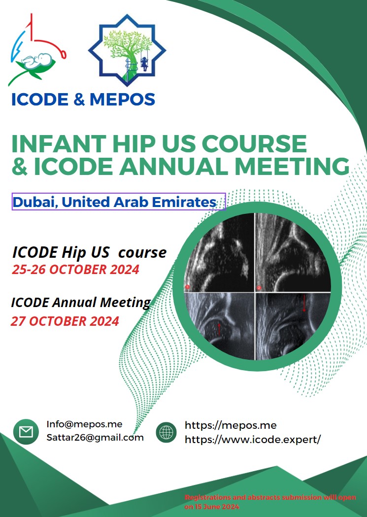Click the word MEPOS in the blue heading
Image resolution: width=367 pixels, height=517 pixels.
point(122,100)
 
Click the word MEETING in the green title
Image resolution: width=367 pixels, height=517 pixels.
point(292,166)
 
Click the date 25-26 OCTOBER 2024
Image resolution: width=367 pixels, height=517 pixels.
point(75,270)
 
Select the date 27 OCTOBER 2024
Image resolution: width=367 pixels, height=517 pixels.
point(65,321)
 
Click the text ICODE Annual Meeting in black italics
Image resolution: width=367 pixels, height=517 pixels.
point(81,303)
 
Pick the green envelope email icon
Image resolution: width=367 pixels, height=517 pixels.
point(26,432)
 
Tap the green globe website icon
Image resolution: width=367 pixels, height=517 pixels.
point(166,432)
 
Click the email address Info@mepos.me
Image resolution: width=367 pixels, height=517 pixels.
point(84,424)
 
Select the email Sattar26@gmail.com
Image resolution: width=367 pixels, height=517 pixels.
point(95,438)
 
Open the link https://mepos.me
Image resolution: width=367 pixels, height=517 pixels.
point(231,425)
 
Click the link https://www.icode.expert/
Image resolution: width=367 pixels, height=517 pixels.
point(253,440)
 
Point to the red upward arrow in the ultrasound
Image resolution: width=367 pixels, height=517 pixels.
point(219,330)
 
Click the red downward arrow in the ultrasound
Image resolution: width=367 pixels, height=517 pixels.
point(304,303)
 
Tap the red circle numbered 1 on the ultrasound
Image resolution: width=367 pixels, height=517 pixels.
point(188,287)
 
